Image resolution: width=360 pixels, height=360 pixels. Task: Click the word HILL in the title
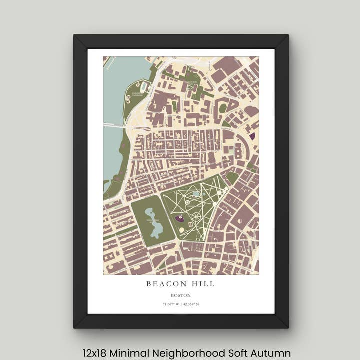(x=205, y=284)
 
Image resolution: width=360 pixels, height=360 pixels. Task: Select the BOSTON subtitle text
(x=181, y=295)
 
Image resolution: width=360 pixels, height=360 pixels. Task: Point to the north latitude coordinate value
(x=191, y=304)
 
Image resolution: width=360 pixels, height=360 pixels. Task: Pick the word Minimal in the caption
(x=132, y=353)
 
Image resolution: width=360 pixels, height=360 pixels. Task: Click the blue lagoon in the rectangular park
(x=154, y=223)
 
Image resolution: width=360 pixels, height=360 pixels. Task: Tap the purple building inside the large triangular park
(x=179, y=218)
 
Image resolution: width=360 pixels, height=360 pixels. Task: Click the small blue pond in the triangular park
(x=196, y=194)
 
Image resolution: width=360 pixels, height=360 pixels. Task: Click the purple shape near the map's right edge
(x=252, y=136)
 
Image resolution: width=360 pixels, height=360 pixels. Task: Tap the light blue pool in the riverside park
(x=144, y=87)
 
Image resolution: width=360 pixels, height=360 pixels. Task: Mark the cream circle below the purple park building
(x=181, y=229)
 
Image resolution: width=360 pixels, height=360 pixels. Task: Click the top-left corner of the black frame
(x=74, y=35)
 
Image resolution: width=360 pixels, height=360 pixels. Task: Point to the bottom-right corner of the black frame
(x=288, y=327)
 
